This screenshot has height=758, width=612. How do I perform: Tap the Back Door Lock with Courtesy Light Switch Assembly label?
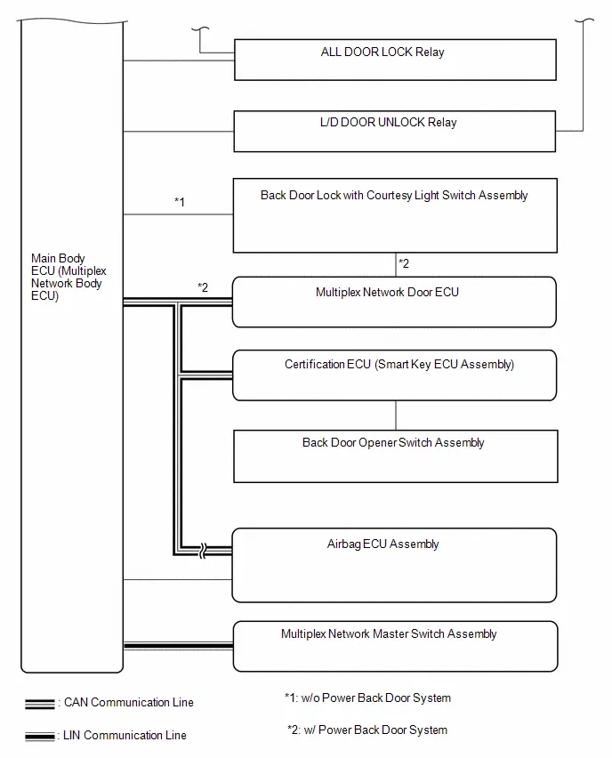coord(394,196)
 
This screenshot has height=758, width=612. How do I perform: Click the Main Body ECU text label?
coord(68,277)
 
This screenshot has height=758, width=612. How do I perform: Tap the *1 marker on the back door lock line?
coord(180,202)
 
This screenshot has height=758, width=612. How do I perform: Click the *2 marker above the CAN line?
coord(203,287)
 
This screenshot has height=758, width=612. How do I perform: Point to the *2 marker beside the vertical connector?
coord(404,263)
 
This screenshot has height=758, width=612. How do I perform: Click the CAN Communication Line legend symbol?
coord(40,704)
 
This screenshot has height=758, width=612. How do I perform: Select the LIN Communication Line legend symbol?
coord(40,737)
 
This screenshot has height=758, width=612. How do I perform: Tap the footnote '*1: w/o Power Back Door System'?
coord(367,698)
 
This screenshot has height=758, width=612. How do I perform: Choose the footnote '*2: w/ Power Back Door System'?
coord(367,730)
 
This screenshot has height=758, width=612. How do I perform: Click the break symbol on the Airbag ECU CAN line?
coord(203,550)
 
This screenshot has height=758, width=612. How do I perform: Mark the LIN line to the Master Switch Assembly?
coord(179,646)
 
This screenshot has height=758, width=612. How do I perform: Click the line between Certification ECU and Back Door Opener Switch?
coord(396,415)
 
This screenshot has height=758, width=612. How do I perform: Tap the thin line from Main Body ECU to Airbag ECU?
coord(177,579)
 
